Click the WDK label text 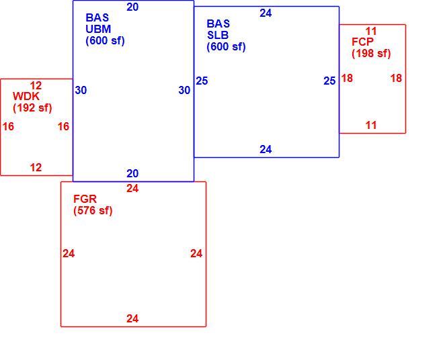(x=26, y=96)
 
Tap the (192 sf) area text (x=32, y=108)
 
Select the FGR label (x=85, y=199)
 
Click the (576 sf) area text (x=93, y=211)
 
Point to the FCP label (x=362, y=42)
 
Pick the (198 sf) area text (x=371, y=54)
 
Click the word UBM (x=98, y=29)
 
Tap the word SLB (x=218, y=35)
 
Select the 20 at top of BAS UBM (x=132, y=7)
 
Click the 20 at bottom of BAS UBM (x=132, y=173)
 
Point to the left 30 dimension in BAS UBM (x=81, y=90)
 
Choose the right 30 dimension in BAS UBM (x=184, y=90)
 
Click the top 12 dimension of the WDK (x=36, y=85)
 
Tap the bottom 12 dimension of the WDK (x=36, y=167)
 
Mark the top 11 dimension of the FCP (x=371, y=31)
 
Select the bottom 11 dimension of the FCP (x=371, y=125)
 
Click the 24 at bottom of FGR (x=132, y=318)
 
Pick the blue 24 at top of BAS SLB (x=266, y=13)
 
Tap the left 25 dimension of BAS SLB (x=202, y=81)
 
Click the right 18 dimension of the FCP (x=396, y=78)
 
